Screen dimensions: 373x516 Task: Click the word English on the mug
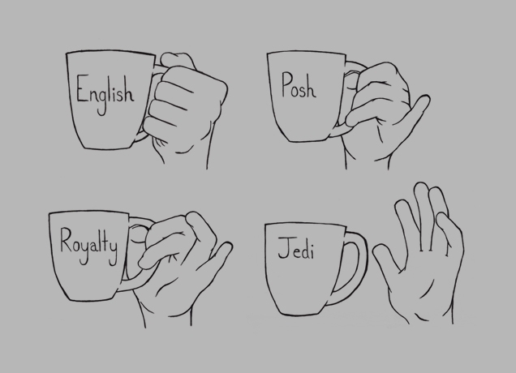[x=104, y=92]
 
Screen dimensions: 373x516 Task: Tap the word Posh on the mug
[x=298, y=85]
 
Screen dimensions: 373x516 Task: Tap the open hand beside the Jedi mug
[x=421, y=259]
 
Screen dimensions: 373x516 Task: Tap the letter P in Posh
[x=286, y=84]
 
